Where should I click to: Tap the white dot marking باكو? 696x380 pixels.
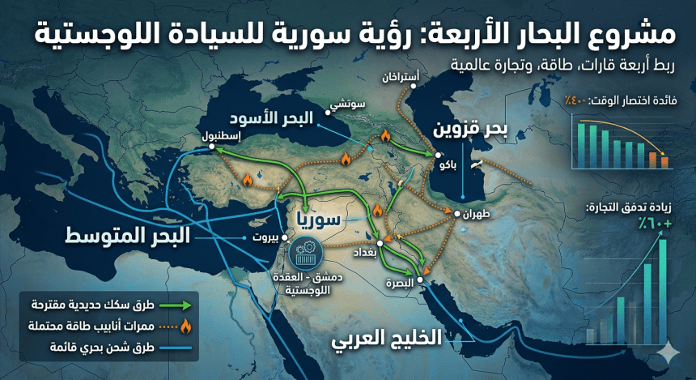[438, 155]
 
